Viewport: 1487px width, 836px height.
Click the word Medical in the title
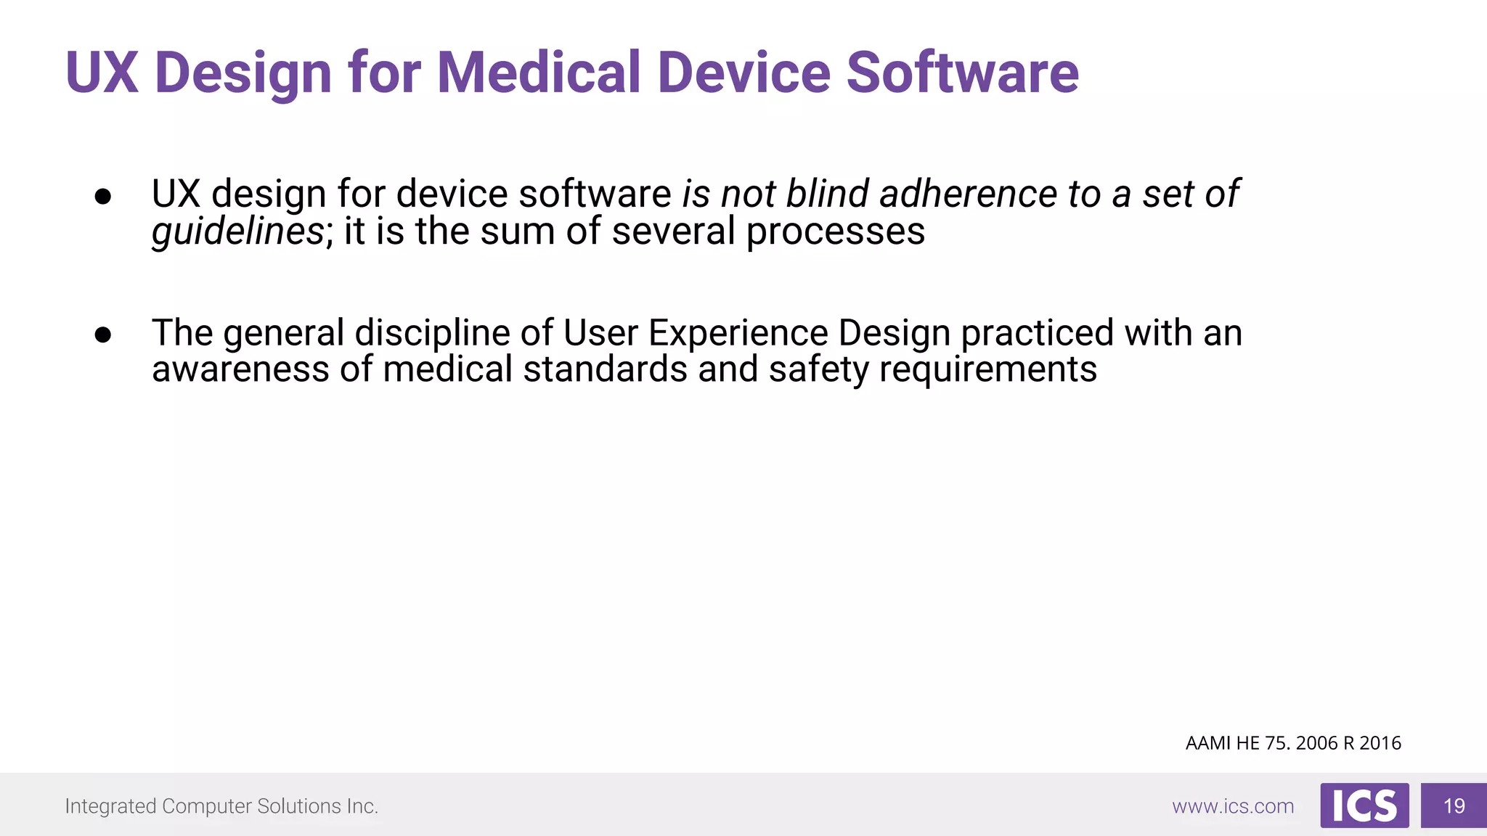[538, 73]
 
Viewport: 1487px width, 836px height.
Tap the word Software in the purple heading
[962, 73]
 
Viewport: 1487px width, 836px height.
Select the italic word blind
[827, 194]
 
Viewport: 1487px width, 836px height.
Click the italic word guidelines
[237, 232]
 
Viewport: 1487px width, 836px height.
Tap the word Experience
[738, 333]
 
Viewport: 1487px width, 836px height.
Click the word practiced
[1037, 333]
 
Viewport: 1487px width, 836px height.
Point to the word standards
[605, 369]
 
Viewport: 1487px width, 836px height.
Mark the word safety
[818, 369]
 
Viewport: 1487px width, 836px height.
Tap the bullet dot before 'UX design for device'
[103, 196]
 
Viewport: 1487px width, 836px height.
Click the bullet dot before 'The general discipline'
[103, 335]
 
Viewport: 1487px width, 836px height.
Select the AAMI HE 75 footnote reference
[1292, 743]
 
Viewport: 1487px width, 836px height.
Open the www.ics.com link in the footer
[1232, 806]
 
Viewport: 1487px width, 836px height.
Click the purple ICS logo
[1364, 806]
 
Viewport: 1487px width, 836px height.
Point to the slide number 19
[1454, 806]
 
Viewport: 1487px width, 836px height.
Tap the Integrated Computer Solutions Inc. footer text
[221, 806]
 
